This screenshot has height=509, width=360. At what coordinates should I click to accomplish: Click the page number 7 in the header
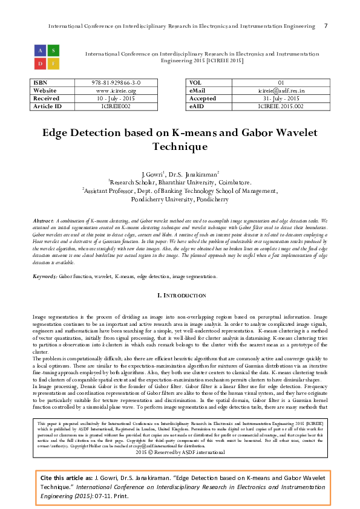pyautogui.click(x=326, y=26)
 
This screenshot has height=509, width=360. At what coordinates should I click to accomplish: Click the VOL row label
pyautogui.click(x=196, y=83)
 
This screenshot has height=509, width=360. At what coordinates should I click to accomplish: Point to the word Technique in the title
pyautogui.click(x=180, y=147)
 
